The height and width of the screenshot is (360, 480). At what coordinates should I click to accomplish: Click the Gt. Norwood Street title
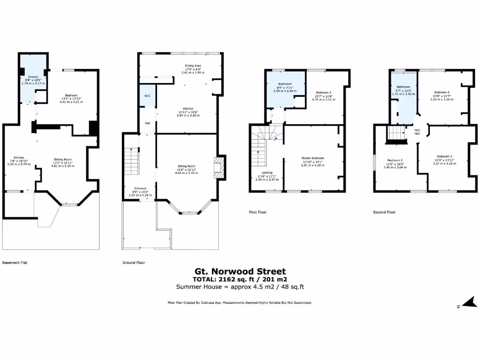coord(240,271)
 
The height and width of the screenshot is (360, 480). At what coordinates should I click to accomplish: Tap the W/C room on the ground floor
coord(147,96)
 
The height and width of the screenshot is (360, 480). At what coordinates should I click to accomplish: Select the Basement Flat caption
coord(15,262)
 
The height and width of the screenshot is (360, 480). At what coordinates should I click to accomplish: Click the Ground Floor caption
coord(134,262)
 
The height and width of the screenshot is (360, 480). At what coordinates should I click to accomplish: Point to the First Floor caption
coord(258,212)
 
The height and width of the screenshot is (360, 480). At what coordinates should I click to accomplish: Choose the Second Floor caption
coord(384,212)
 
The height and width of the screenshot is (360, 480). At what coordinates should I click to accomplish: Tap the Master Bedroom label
coord(313,158)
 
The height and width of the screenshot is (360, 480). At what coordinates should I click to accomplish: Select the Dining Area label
coord(193,66)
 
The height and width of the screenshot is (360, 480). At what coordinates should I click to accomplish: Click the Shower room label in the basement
coord(33,76)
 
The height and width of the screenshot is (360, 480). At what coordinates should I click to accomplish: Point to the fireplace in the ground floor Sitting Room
coord(219,167)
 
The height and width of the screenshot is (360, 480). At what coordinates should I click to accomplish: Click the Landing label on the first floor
coord(267,172)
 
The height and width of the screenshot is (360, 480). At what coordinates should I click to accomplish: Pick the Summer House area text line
coord(240,286)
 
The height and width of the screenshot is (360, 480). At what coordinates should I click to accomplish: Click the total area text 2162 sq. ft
coord(240,279)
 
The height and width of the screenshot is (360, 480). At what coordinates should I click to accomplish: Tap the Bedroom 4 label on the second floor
coord(442,92)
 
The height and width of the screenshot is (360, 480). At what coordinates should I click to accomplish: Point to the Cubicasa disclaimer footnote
coord(240,303)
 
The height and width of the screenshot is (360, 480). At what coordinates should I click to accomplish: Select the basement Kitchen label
coord(19,157)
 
